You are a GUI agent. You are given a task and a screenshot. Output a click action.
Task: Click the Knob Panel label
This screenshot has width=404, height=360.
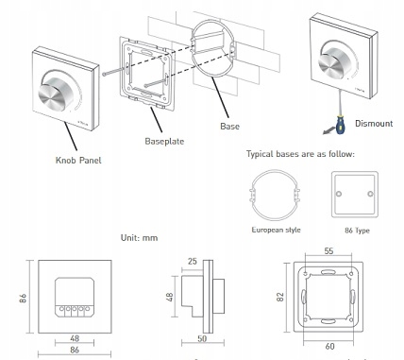point(78,161)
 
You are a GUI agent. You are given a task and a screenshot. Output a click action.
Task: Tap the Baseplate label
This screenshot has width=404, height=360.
point(164,141)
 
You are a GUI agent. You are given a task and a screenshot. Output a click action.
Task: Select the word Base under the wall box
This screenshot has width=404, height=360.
point(229,127)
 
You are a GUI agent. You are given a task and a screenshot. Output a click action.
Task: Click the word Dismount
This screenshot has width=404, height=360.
point(374,124)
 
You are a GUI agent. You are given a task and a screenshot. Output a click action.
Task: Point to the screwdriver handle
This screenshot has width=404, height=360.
point(340,125)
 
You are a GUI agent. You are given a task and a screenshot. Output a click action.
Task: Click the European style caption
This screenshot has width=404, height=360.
point(276,230)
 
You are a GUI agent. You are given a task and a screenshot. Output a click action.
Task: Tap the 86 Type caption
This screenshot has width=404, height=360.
point(357,231)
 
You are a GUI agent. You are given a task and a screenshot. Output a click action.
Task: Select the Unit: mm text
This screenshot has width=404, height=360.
point(139,237)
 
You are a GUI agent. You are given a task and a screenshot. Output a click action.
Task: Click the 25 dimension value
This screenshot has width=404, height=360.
point(193,261)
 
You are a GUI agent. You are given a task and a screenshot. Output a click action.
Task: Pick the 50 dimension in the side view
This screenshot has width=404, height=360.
point(202,338)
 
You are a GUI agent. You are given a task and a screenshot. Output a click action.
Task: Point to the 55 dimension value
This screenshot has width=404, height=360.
point(328,251)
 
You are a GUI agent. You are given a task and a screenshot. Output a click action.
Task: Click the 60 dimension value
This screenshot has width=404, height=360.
point(329,347)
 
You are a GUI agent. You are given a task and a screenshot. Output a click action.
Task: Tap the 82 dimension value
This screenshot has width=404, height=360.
point(280,297)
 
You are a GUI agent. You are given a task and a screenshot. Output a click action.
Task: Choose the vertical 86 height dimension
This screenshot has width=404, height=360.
point(23,298)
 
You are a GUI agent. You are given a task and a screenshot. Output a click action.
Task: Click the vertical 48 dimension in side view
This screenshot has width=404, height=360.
point(169,297)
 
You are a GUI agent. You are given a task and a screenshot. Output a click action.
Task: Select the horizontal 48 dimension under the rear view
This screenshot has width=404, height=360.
point(75,338)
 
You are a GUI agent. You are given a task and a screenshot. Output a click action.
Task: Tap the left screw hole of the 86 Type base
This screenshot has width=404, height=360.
point(339,194)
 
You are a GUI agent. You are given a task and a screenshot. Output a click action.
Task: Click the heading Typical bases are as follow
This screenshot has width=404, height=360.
point(300,154)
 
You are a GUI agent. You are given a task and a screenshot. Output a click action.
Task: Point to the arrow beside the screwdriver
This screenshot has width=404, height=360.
point(328,130)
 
